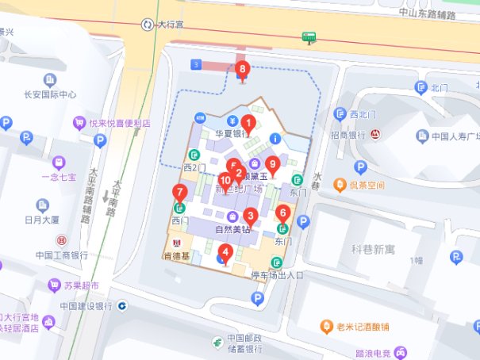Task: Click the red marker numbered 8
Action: pos(243,70)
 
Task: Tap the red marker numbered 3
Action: pos(250,215)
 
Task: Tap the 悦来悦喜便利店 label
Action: pos(119,123)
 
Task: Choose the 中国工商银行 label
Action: pos(61,255)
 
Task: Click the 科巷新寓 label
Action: pos(373,248)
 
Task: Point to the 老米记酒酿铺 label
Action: pos(368,327)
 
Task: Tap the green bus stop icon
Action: pos(309,36)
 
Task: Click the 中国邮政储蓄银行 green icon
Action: pos(215,342)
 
